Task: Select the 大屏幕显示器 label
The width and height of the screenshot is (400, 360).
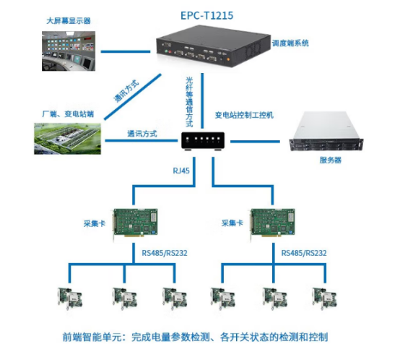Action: tap(68, 21)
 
